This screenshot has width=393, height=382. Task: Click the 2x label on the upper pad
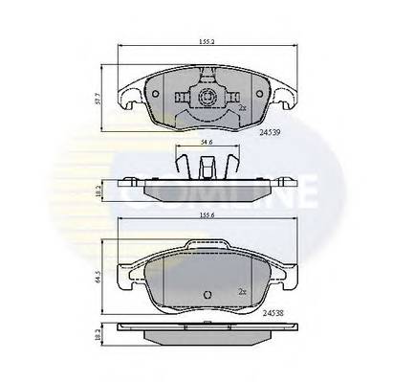(242, 108)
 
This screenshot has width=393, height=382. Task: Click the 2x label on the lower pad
(243, 290)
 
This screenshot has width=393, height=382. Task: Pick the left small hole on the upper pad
(156, 94)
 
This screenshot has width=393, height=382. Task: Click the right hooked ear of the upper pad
(284, 93)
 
